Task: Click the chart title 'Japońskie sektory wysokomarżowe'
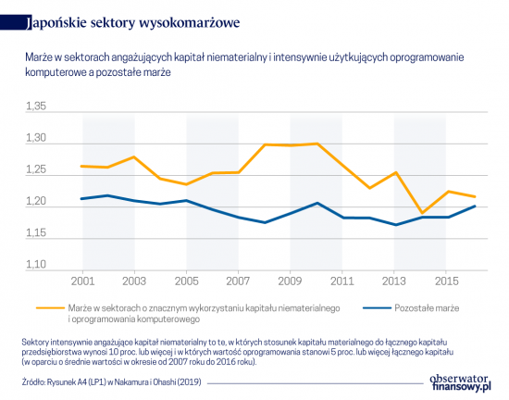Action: click(x=132, y=23)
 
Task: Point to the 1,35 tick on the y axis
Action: click(x=36, y=106)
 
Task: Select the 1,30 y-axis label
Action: click(x=36, y=138)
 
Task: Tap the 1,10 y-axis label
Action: click(x=36, y=264)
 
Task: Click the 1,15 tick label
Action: click(x=36, y=232)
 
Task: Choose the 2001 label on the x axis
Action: click(x=82, y=281)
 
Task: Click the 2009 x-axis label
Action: click(x=290, y=281)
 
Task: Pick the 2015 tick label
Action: click(x=446, y=281)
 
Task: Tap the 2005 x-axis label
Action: click(x=186, y=281)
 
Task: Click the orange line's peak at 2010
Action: click(x=317, y=144)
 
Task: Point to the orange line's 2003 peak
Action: click(x=134, y=156)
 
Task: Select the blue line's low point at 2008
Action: click(x=265, y=223)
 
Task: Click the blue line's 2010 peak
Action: click(x=317, y=203)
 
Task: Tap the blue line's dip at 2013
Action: click(x=395, y=225)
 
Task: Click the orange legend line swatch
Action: click(x=50, y=308)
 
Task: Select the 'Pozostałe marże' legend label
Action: click(x=427, y=308)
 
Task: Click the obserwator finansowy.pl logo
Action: click(x=460, y=382)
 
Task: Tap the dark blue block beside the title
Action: click(x=16, y=23)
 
